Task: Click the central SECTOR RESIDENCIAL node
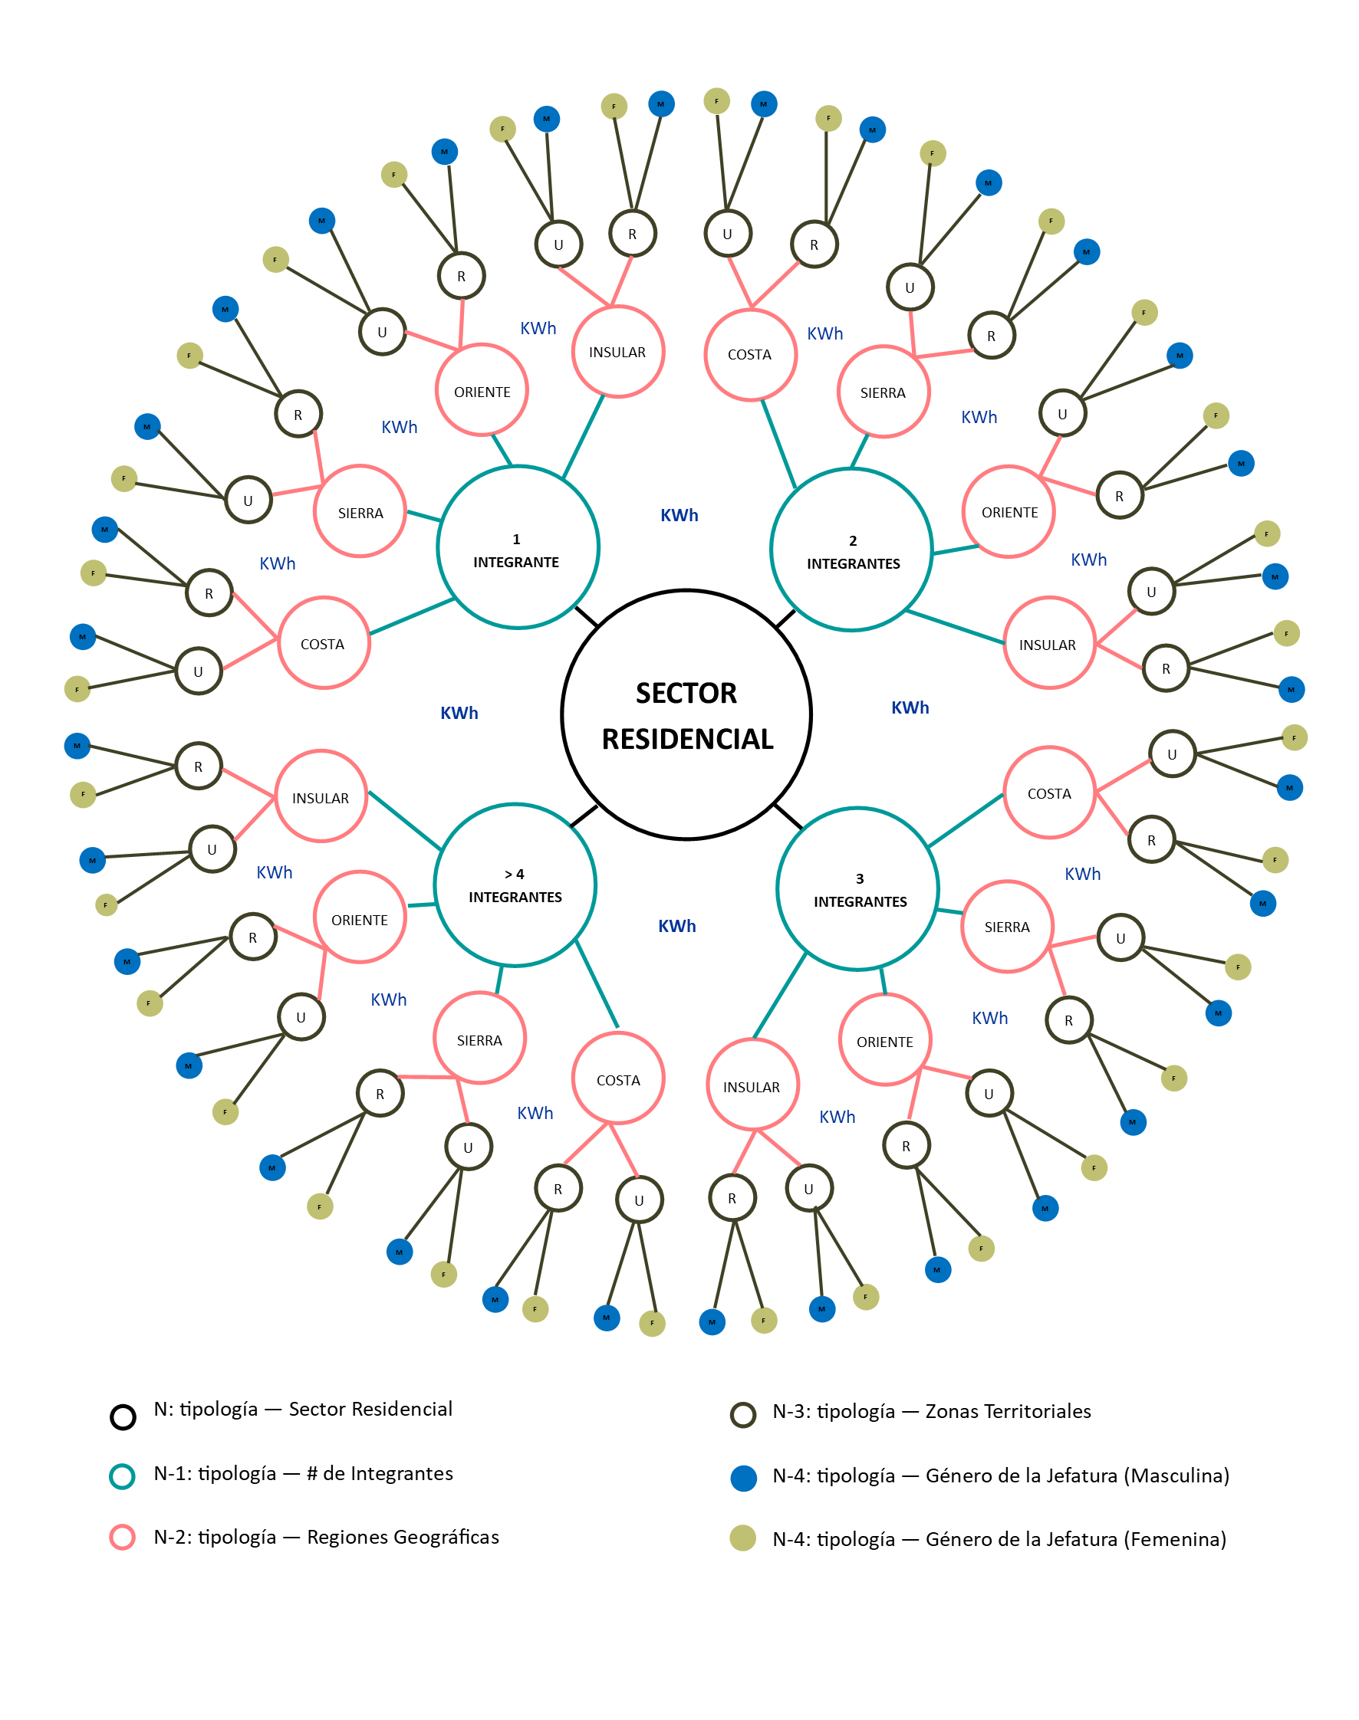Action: [x=686, y=715]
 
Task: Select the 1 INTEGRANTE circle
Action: [x=517, y=548]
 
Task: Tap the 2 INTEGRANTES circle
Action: [x=851, y=550]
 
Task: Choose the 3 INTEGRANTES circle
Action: [x=857, y=888]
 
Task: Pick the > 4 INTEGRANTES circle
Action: [x=515, y=885]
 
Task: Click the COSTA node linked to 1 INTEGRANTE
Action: [x=323, y=643]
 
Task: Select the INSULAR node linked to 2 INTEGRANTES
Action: [x=1048, y=643]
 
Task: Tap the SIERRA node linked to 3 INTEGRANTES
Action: [x=1006, y=927]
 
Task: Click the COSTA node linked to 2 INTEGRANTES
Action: [x=749, y=354]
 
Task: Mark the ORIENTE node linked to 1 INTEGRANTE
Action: [x=482, y=390]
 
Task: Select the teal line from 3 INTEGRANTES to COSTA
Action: [x=965, y=820]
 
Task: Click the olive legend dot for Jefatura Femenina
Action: [x=742, y=1538]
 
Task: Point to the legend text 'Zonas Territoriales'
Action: [x=1008, y=1411]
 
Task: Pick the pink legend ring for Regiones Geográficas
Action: [x=122, y=1537]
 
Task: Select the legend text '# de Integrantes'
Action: [x=380, y=1473]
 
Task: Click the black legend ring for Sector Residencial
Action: [x=123, y=1417]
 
